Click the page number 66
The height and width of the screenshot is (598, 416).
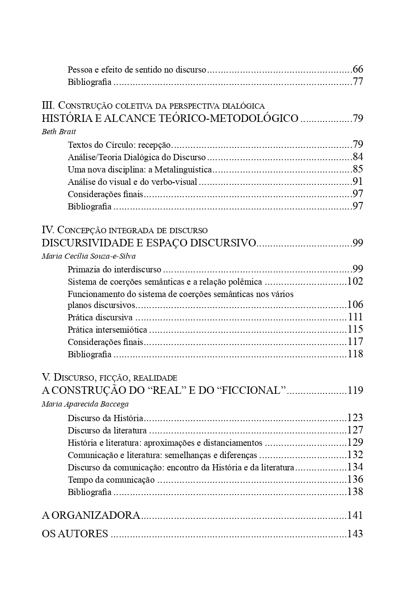click(x=358, y=70)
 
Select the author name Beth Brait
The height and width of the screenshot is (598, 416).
click(x=59, y=132)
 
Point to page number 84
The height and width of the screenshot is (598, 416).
click(x=358, y=157)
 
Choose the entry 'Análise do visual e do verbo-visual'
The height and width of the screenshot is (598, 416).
click(x=132, y=182)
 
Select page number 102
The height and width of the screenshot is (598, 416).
click(x=355, y=282)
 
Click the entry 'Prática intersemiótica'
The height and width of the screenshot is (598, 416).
click(x=107, y=330)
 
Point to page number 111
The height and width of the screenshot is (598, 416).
click(x=355, y=317)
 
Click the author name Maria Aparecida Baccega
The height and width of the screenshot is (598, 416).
click(x=85, y=404)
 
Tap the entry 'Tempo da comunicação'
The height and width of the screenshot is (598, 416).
click(x=111, y=480)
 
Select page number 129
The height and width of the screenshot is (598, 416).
click(x=355, y=443)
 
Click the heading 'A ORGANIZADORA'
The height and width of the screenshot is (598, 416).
click(x=91, y=515)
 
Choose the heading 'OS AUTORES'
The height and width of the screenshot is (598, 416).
click(x=75, y=534)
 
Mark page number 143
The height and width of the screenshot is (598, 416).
click(x=355, y=534)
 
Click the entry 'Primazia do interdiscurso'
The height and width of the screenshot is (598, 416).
click(x=114, y=269)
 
